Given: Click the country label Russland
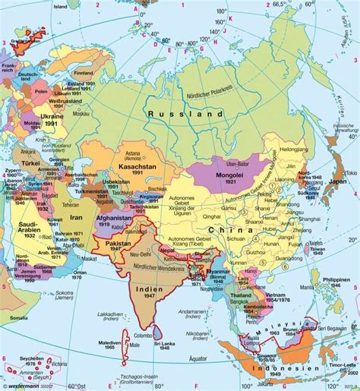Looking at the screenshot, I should [187, 114].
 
